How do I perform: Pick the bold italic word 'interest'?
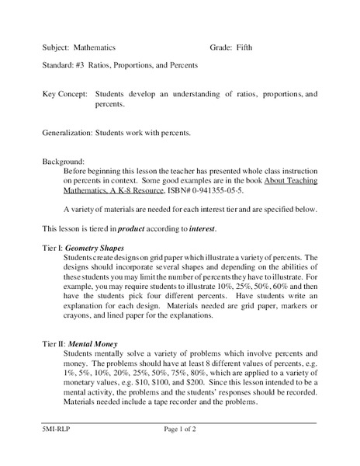199,229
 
